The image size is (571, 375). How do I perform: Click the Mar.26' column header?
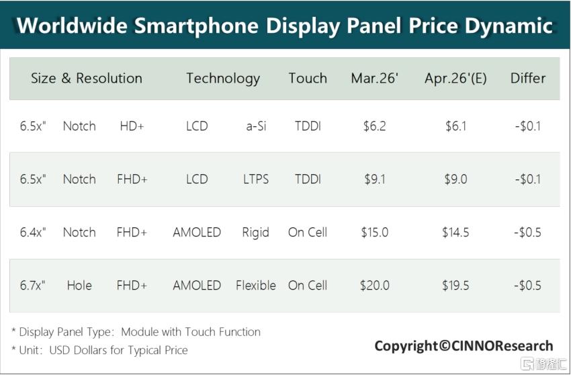click(x=374, y=78)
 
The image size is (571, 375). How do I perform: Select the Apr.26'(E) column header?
click(x=455, y=78)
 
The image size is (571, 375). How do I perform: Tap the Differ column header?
click(x=527, y=78)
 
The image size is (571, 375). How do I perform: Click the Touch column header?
click(x=308, y=78)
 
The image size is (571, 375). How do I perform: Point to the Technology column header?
click(x=223, y=79)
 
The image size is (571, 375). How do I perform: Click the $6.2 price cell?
click(x=374, y=126)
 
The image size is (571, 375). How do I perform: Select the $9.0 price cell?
click(x=455, y=179)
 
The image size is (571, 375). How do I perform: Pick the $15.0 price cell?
click(x=374, y=232)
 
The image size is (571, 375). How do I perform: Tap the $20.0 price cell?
click(x=374, y=286)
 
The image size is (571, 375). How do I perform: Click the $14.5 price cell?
click(x=455, y=232)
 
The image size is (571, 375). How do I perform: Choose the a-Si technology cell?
click(x=256, y=126)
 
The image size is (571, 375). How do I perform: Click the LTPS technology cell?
click(x=256, y=179)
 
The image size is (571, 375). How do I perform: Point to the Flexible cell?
click(x=256, y=286)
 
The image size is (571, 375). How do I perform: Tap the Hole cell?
click(x=79, y=286)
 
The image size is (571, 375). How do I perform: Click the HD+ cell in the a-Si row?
click(x=132, y=126)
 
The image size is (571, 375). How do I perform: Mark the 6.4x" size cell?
click(x=33, y=232)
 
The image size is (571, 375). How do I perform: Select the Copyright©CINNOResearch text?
click(x=464, y=346)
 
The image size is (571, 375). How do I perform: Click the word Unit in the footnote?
click(x=28, y=350)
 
